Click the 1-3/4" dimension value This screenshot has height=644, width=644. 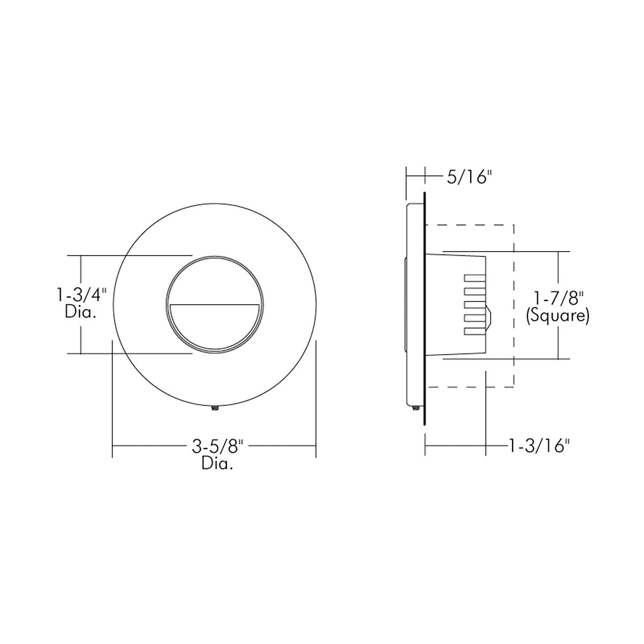click(82, 296)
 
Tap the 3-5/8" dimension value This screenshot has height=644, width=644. click(217, 446)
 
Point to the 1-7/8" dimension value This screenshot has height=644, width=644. click(558, 298)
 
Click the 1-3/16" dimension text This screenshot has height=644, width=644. click(538, 446)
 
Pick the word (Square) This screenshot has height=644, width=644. click(558, 316)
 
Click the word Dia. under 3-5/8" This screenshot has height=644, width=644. click(217, 464)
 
